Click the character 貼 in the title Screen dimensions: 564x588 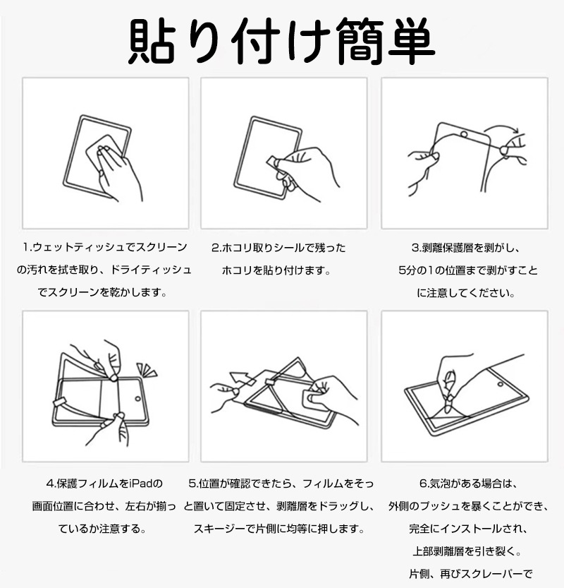[x=152, y=41]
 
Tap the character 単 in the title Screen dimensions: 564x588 [x=411, y=41]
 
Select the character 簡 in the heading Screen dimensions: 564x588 [x=359, y=41]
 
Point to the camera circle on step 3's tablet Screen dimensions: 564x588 [x=464, y=134]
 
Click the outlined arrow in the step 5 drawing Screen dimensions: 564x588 [x=242, y=378]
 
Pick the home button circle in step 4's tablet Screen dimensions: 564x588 [x=137, y=399]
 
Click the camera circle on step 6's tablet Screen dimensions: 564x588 [x=501, y=384]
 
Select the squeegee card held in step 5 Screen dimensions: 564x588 [x=316, y=400]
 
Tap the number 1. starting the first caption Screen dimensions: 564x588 [x=27, y=247]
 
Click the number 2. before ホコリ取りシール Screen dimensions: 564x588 [x=216, y=248]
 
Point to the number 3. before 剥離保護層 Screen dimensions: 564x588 [x=417, y=248]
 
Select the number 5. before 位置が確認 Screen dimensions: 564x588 [x=194, y=484]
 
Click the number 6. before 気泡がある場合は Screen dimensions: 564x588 [x=424, y=484]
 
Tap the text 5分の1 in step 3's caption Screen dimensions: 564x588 [x=416, y=270]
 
